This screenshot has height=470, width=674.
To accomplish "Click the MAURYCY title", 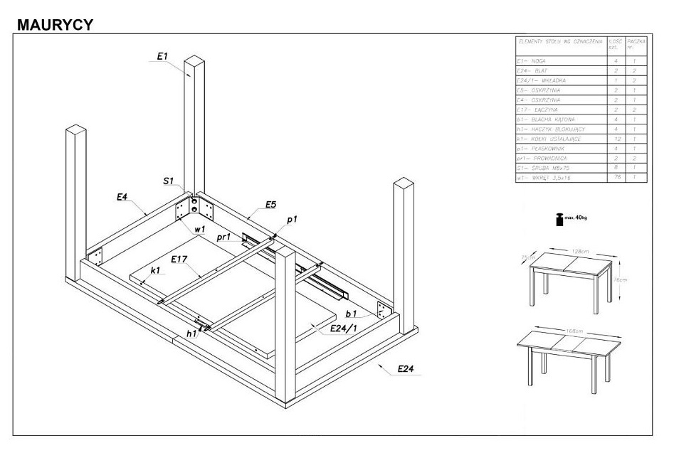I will [x=54, y=24].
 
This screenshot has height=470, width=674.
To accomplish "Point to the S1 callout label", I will [x=168, y=182].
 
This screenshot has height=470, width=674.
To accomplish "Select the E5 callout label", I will [x=270, y=205].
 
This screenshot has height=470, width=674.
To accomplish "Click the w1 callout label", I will [x=199, y=230].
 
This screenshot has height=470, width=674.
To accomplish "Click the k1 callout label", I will [x=155, y=271].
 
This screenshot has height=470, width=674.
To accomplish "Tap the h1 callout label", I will [x=191, y=333].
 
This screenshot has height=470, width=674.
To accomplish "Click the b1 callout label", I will [x=350, y=313].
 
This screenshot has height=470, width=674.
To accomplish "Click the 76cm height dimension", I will [x=621, y=280].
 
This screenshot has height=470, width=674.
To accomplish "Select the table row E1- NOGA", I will [x=559, y=61].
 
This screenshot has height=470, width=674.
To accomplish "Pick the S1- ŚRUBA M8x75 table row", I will [x=559, y=168].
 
